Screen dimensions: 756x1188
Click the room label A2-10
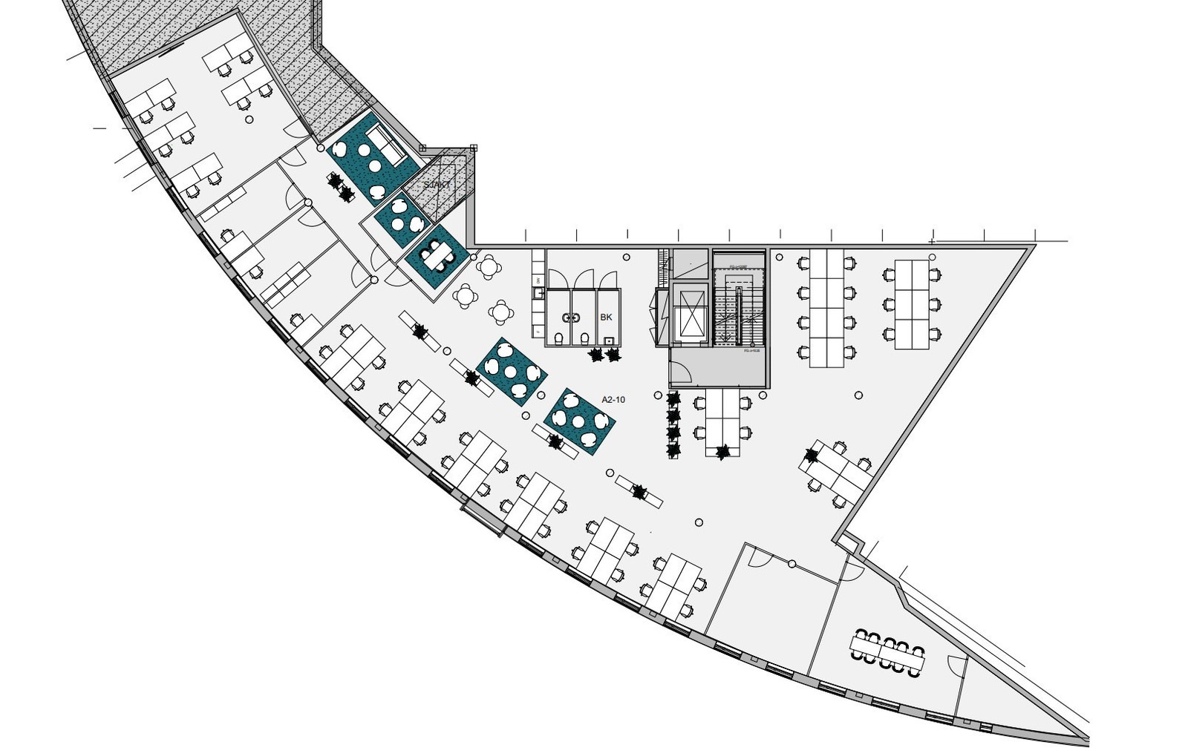point(613,400)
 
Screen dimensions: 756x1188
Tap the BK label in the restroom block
point(607,318)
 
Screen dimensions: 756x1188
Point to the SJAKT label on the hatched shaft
point(437,184)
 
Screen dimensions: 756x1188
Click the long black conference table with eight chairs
point(888,653)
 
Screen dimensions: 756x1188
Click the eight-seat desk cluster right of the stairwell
point(826,307)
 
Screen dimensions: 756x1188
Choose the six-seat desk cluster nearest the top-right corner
point(913,304)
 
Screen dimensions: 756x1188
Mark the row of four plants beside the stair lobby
point(673,425)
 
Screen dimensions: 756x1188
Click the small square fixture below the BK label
point(610,341)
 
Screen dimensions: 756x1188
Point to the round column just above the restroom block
point(627,257)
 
